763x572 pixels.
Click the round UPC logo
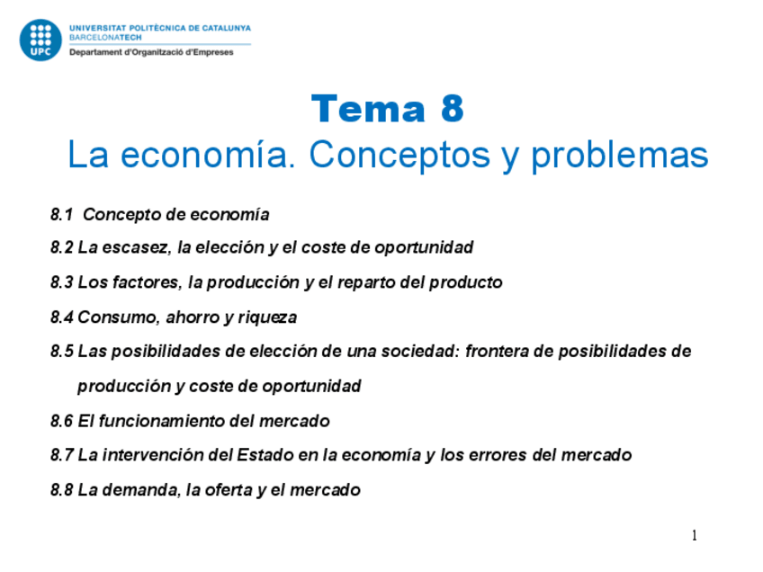point(40,40)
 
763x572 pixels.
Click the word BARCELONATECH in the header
point(105,38)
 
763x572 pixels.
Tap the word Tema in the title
point(368,109)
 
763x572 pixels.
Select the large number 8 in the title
point(452,109)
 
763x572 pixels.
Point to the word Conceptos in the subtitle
point(399,155)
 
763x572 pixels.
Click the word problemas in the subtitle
point(619,156)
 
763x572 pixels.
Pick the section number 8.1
point(61,214)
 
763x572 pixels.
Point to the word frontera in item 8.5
point(497,351)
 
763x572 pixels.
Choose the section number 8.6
point(61,421)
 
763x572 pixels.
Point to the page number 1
point(695,535)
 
